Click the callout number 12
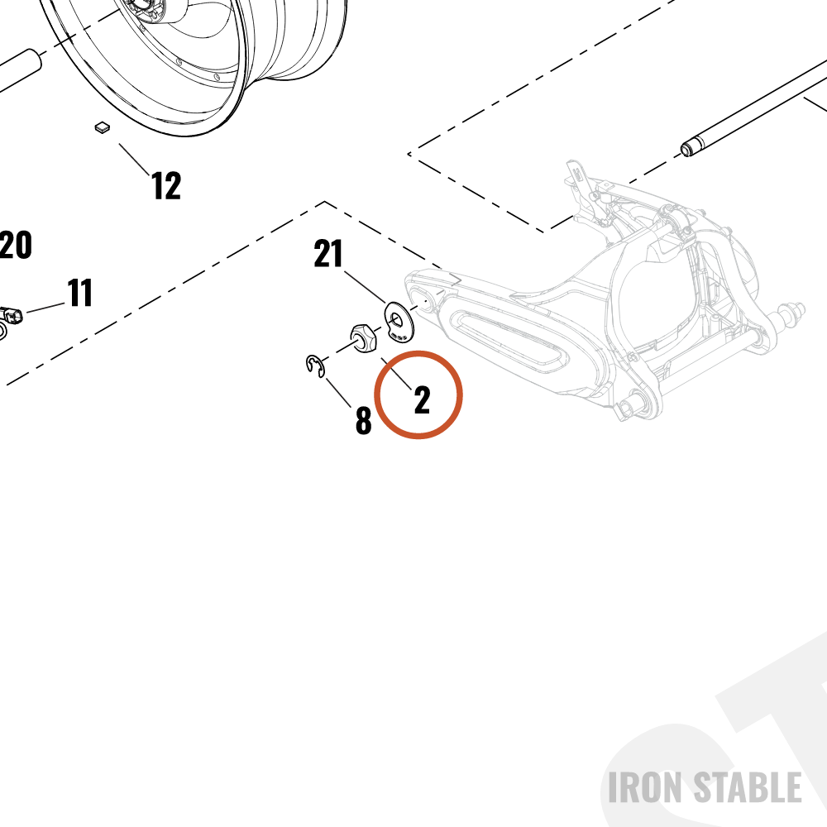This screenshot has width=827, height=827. [166, 185]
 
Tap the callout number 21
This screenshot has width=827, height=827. [328, 254]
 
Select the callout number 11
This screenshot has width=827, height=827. [80, 293]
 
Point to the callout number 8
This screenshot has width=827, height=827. [363, 420]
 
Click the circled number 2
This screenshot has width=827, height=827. [422, 399]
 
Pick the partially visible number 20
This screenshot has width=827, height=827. [16, 245]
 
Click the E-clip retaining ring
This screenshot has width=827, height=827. [315, 366]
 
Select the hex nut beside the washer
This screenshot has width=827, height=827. [364, 338]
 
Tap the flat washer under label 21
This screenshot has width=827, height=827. [399, 321]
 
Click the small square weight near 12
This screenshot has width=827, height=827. [103, 127]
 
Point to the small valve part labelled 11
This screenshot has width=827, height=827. [12, 314]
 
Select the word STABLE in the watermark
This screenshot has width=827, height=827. [747, 787]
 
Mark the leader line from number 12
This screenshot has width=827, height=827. [135, 160]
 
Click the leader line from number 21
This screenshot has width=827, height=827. [365, 288]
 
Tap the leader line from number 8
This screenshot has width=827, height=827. [338, 392]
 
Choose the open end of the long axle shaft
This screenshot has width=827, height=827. [686, 151]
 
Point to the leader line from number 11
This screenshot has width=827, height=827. [45, 308]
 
